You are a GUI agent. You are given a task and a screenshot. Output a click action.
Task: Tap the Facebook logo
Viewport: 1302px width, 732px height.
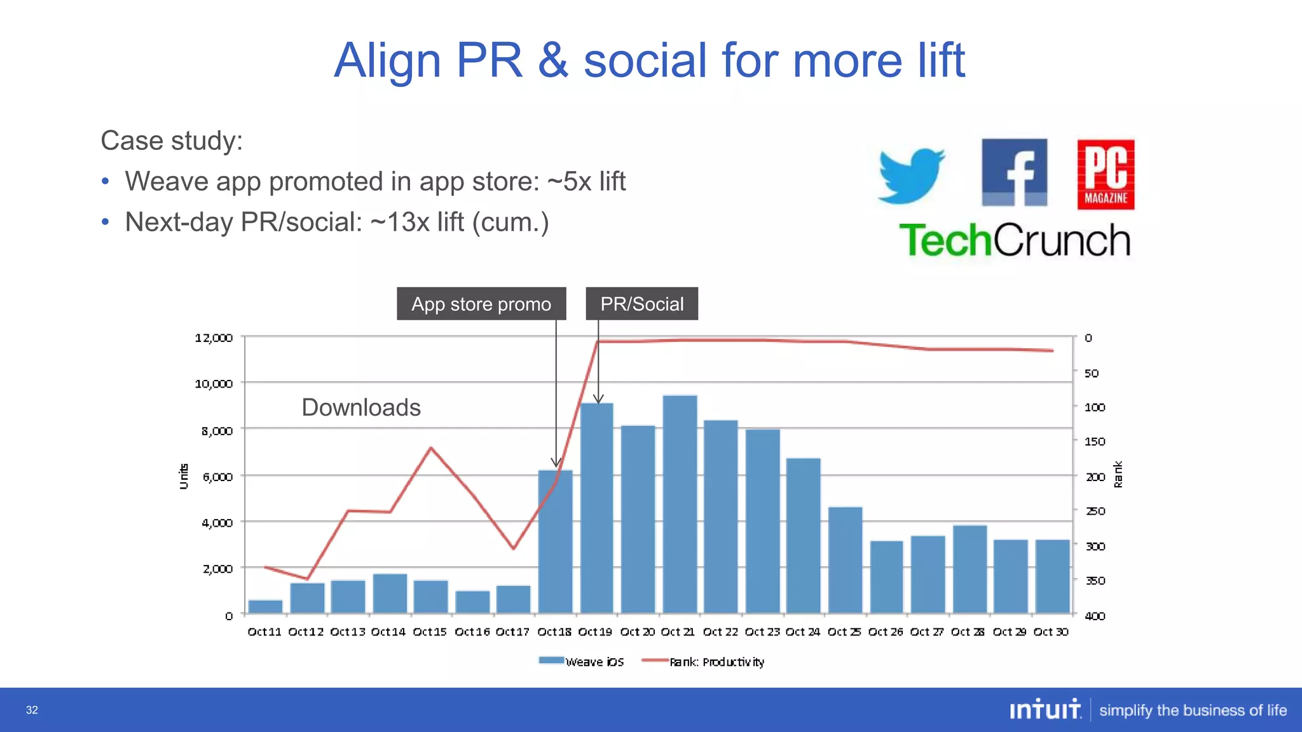(x=1014, y=172)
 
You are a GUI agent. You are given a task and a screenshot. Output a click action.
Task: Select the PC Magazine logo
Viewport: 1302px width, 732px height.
(x=1106, y=175)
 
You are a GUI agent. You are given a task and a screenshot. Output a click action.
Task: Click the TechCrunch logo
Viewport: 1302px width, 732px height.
(x=1015, y=240)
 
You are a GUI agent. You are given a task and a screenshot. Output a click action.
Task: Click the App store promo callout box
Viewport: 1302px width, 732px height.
(x=481, y=304)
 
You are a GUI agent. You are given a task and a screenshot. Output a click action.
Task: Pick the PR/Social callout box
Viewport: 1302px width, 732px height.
(x=641, y=304)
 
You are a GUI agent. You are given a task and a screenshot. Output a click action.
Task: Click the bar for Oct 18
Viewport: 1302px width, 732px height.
(x=555, y=541)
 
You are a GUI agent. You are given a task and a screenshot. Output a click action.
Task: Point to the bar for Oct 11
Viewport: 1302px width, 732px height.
(x=265, y=606)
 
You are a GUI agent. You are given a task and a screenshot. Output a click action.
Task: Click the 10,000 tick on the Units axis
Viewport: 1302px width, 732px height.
(x=214, y=383)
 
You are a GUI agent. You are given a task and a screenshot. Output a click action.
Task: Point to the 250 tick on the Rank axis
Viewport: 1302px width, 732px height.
(x=1095, y=511)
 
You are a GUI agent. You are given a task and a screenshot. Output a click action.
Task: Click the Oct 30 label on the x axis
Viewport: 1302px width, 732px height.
(x=1051, y=632)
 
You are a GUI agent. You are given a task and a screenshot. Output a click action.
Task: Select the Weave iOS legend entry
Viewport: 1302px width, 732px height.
(x=582, y=661)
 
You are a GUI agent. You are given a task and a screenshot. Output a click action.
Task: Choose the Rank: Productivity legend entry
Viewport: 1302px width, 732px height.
(x=703, y=661)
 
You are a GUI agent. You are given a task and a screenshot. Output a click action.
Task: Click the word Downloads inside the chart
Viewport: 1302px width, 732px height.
(x=361, y=407)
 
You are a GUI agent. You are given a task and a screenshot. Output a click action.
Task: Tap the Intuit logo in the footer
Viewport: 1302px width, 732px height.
(x=1045, y=709)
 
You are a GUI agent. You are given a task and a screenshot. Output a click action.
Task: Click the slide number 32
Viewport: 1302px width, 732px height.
(x=32, y=710)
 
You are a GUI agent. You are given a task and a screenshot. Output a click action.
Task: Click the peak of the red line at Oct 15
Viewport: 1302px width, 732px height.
(x=431, y=448)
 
